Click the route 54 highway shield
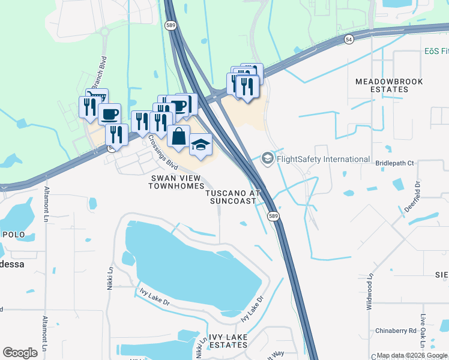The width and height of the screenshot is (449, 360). click(349, 39)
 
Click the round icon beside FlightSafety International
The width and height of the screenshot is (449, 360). click(268, 159)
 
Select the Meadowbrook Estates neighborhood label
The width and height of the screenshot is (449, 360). click(389, 85)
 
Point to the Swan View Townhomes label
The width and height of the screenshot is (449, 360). click(177, 182)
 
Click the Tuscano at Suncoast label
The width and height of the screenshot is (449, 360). click(234, 197)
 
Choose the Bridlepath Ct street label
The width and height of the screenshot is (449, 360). click(394, 163)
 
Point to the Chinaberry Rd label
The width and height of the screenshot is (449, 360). click(396, 331)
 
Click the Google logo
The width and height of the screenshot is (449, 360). click(20, 352)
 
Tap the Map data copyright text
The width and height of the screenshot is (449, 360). click(412, 355)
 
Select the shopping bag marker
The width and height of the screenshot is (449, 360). click(178, 137)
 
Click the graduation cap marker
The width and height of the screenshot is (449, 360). click(200, 145)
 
